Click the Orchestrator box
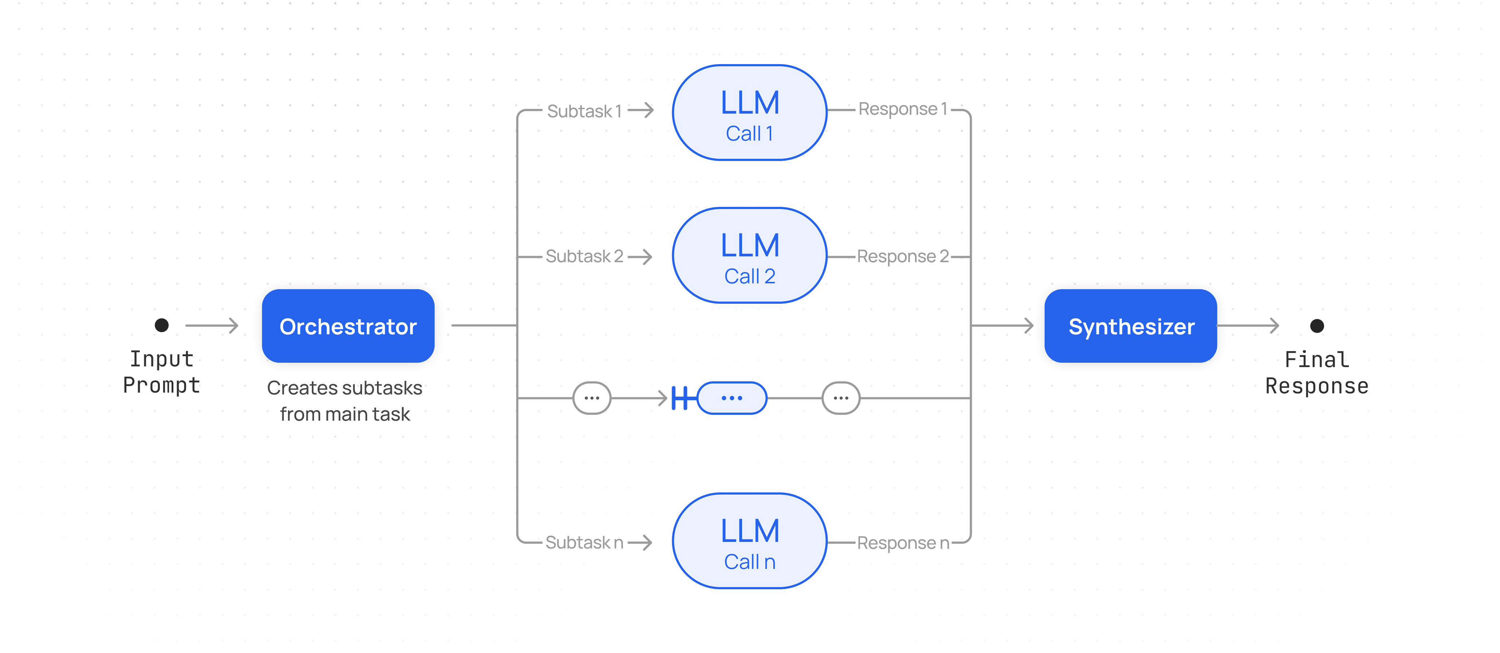pos(348,326)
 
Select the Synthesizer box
pos(1130,326)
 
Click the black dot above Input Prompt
pos(162,325)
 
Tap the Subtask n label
pos(584,542)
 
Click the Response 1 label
pos(903,109)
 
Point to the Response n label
pos(903,543)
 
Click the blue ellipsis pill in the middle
pos(732,398)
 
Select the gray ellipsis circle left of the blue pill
pos(592,398)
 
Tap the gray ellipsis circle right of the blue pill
pos(841,398)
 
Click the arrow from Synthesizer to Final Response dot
pos(1248,326)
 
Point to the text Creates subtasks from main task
pos(345,401)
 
